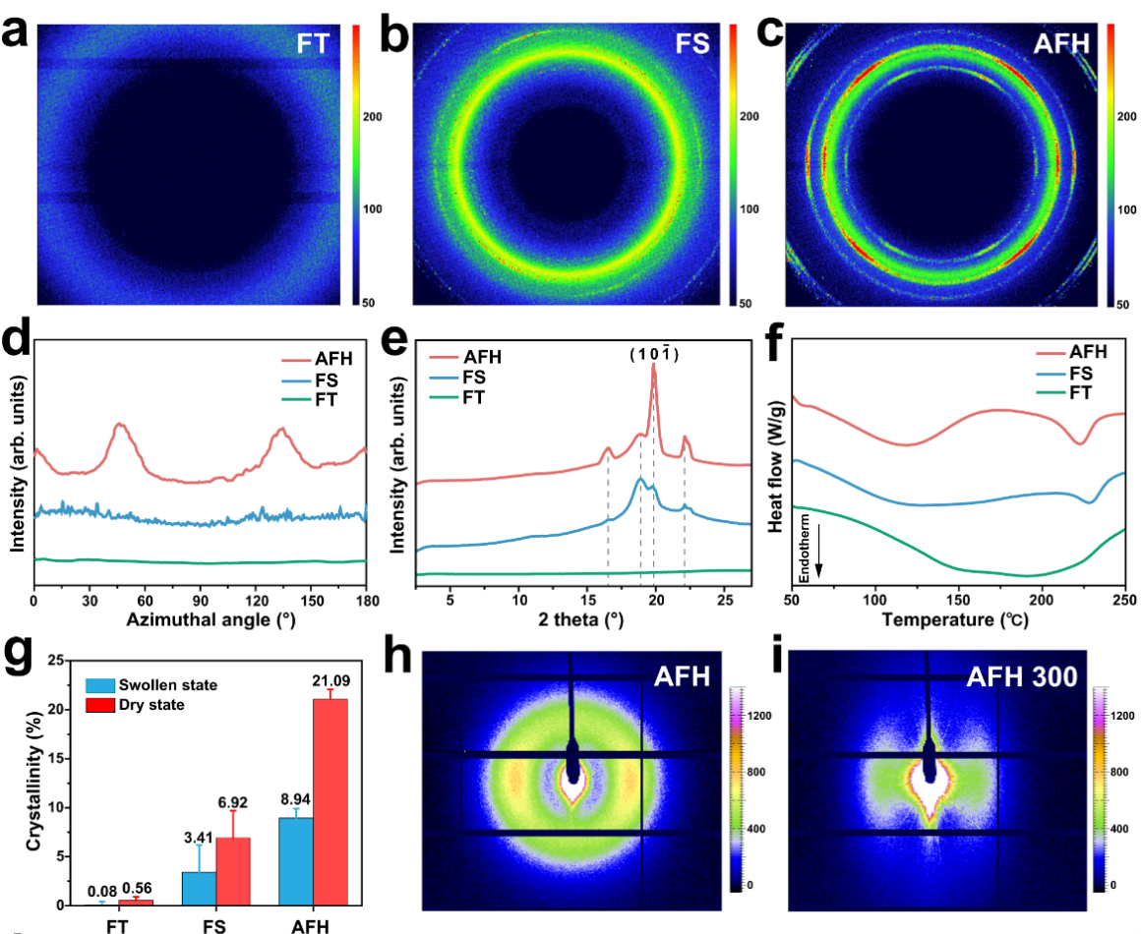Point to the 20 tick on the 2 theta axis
[x=654, y=599]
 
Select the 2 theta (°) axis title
[x=582, y=620]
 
